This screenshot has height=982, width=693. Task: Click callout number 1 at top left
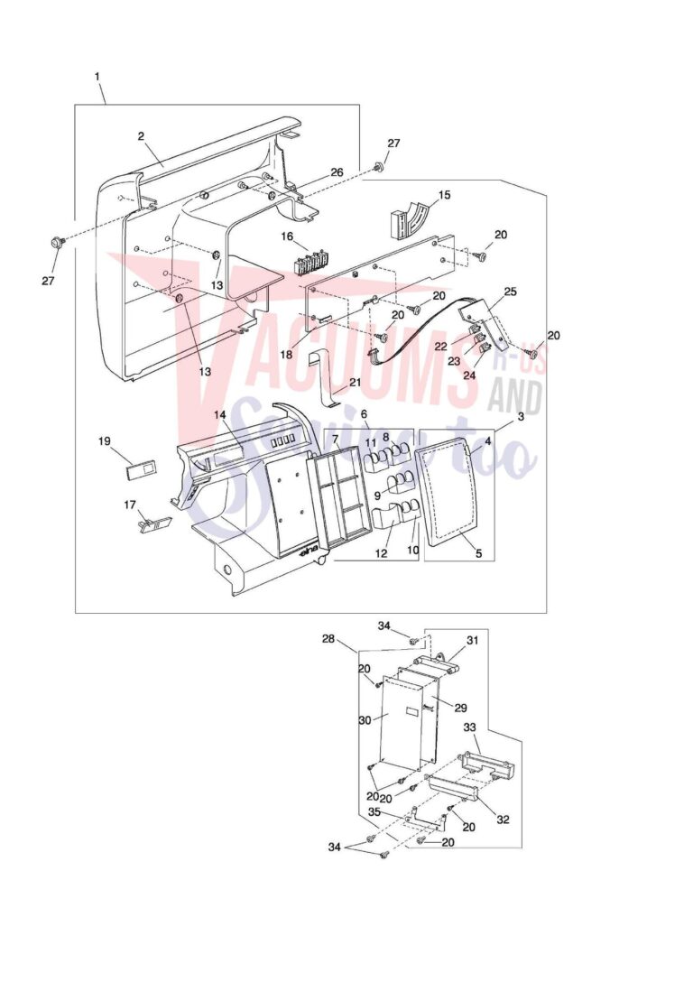click(x=97, y=77)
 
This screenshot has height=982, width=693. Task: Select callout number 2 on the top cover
click(x=142, y=136)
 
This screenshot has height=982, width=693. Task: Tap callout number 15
click(x=444, y=195)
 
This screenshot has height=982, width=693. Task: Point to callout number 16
click(x=287, y=236)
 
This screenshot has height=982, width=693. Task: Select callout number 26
click(x=337, y=172)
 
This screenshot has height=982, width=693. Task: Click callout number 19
click(x=105, y=441)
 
